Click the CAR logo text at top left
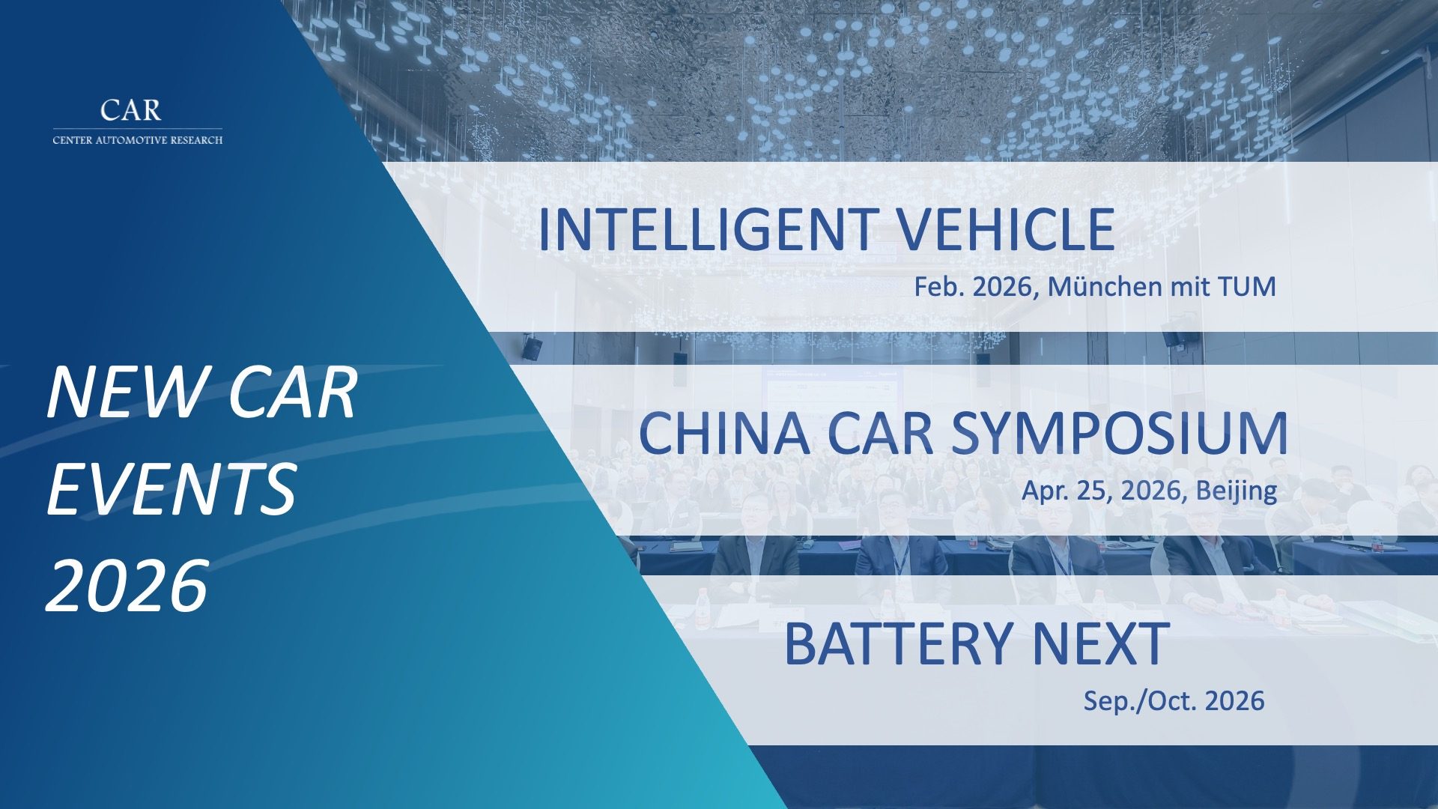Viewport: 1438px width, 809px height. click(130, 110)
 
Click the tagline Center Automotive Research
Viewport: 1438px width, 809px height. click(138, 140)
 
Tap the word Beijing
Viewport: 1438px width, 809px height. click(1237, 491)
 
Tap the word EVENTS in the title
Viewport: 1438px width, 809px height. click(172, 489)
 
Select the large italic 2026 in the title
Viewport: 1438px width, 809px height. click(127, 585)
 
